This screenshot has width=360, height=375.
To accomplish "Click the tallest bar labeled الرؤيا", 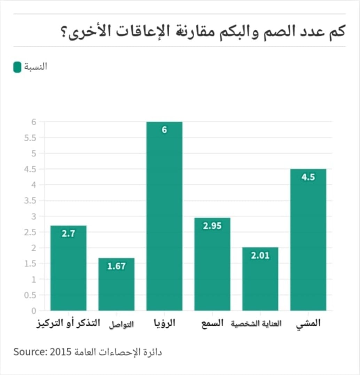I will point(164,216).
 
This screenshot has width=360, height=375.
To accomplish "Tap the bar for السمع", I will point(212,264).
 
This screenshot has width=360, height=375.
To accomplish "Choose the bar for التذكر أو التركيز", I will point(68,268).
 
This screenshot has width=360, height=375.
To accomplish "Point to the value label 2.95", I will point(212,226).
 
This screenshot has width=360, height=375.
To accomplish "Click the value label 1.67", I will point(116,266).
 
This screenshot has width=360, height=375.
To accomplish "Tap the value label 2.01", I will point(260,256).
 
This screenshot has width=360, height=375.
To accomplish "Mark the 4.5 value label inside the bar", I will point(308,177).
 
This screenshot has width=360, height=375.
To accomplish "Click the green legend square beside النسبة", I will point(17,67).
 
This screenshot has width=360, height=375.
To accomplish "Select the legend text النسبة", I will point(36,67).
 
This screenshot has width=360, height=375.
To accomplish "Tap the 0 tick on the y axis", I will point(34,310).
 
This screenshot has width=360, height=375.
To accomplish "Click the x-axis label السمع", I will point(212,323).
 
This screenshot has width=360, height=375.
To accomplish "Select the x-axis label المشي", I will point(308,323).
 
